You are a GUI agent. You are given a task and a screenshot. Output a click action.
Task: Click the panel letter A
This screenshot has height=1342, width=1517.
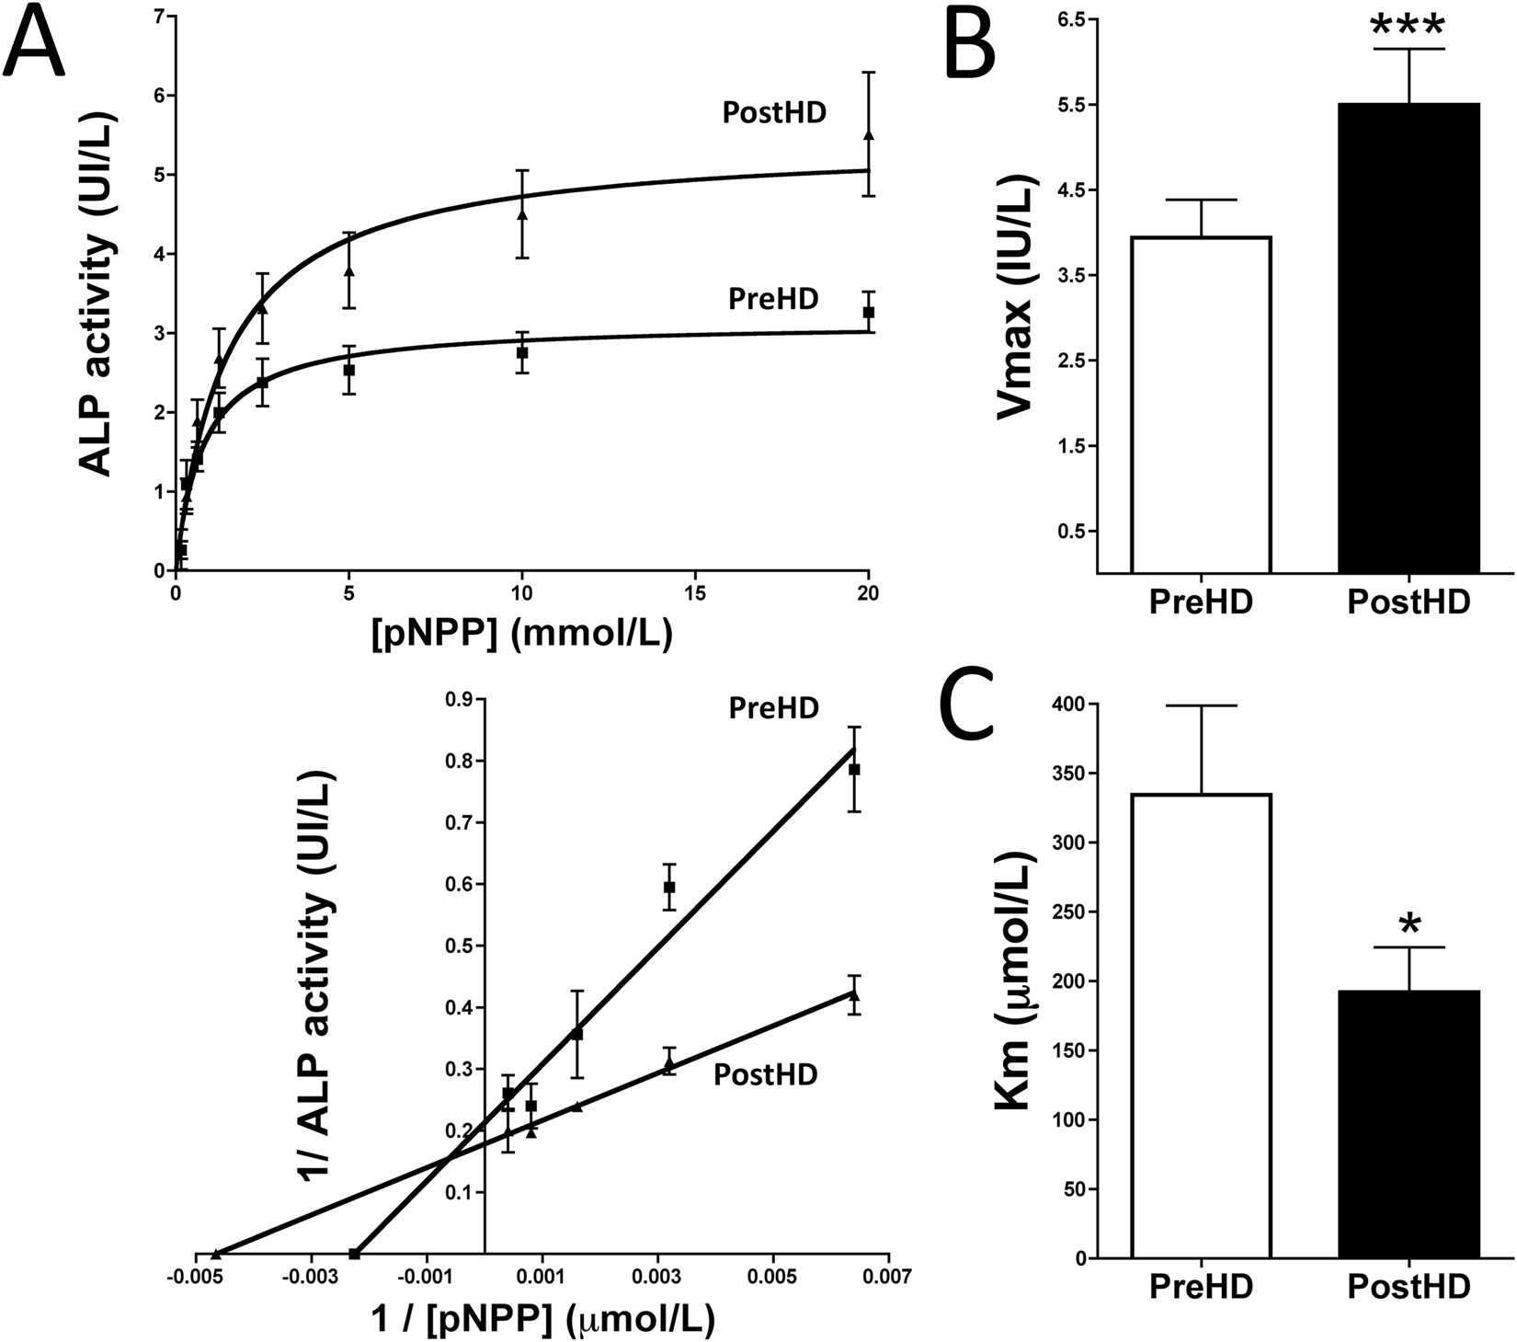coord(35,41)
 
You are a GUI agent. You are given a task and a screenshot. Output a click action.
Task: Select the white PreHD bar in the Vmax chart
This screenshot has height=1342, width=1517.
coord(1201,405)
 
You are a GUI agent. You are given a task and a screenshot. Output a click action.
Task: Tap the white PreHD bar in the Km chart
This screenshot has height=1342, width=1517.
coord(1201,1026)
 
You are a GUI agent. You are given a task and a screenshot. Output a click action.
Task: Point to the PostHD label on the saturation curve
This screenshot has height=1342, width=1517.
coord(773,113)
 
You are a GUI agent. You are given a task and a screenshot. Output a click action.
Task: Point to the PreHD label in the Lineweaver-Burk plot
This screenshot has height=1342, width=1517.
coord(773,707)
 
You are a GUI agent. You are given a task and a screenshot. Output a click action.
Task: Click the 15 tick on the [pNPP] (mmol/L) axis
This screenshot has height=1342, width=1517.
coord(695,593)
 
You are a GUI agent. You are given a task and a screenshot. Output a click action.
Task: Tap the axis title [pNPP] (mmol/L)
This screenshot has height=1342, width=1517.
coord(521,635)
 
